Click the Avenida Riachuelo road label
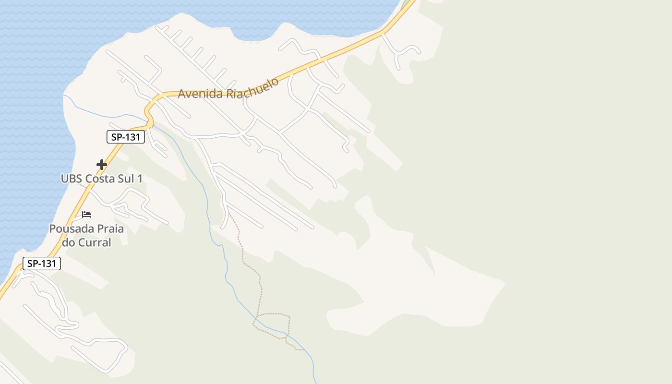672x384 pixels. point(228,89)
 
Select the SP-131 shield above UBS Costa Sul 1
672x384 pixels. point(125,137)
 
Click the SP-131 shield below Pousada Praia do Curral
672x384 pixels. point(42,264)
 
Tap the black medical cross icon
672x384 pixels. point(101,165)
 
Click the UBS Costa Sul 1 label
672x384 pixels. point(101,179)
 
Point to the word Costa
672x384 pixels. point(100,179)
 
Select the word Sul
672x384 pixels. point(126,179)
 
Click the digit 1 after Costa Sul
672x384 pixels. point(140,179)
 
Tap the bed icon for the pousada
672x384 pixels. point(86,214)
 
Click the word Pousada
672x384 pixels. point(70,229)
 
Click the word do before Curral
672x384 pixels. point(69,242)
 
